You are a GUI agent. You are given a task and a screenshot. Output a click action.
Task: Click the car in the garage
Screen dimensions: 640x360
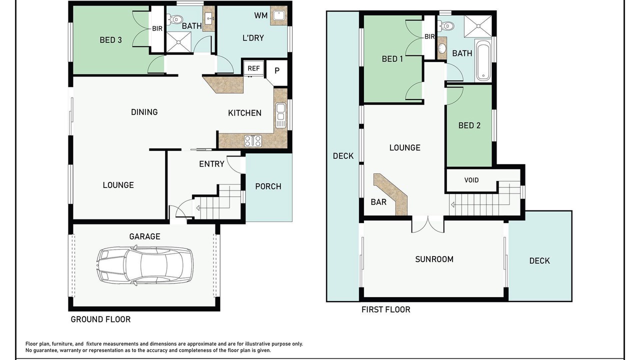(144, 266)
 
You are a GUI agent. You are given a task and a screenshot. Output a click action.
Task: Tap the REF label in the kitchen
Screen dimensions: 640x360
(253, 68)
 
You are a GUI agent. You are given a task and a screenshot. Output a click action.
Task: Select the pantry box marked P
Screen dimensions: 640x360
(276, 72)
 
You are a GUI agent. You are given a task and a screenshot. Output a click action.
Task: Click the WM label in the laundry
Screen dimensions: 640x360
(261, 15)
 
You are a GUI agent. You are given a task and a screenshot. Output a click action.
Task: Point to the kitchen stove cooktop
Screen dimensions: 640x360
(253, 141)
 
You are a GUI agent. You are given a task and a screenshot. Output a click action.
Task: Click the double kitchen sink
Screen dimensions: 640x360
(280, 115)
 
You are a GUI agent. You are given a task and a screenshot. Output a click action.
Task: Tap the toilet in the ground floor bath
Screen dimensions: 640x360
(175, 19)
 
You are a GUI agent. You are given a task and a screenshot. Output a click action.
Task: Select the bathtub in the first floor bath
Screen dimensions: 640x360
(483, 60)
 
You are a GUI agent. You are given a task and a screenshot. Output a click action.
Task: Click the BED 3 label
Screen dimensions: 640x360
(111, 40)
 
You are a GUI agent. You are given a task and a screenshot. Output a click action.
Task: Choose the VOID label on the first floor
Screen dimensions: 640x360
(471, 180)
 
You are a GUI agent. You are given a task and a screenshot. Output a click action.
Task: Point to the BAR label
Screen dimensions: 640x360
(378, 202)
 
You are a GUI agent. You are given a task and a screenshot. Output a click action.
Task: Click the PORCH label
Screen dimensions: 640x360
(268, 186)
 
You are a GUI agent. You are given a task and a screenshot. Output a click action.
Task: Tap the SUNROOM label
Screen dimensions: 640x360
(434, 259)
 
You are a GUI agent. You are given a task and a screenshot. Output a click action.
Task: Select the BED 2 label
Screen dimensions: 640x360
(469, 125)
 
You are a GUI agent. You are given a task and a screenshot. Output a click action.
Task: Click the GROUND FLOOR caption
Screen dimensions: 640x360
(100, 319)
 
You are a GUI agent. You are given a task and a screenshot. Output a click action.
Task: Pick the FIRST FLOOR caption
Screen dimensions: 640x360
(385, 309)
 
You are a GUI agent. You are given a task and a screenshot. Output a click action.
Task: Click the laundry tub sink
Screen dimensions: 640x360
(279, 15)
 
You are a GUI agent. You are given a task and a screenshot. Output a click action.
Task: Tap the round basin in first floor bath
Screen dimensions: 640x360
(442, 48)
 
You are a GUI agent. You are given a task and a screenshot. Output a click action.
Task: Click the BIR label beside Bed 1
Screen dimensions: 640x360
(429, 36)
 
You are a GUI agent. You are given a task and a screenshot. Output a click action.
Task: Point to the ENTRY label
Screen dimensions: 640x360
(211, 164)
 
